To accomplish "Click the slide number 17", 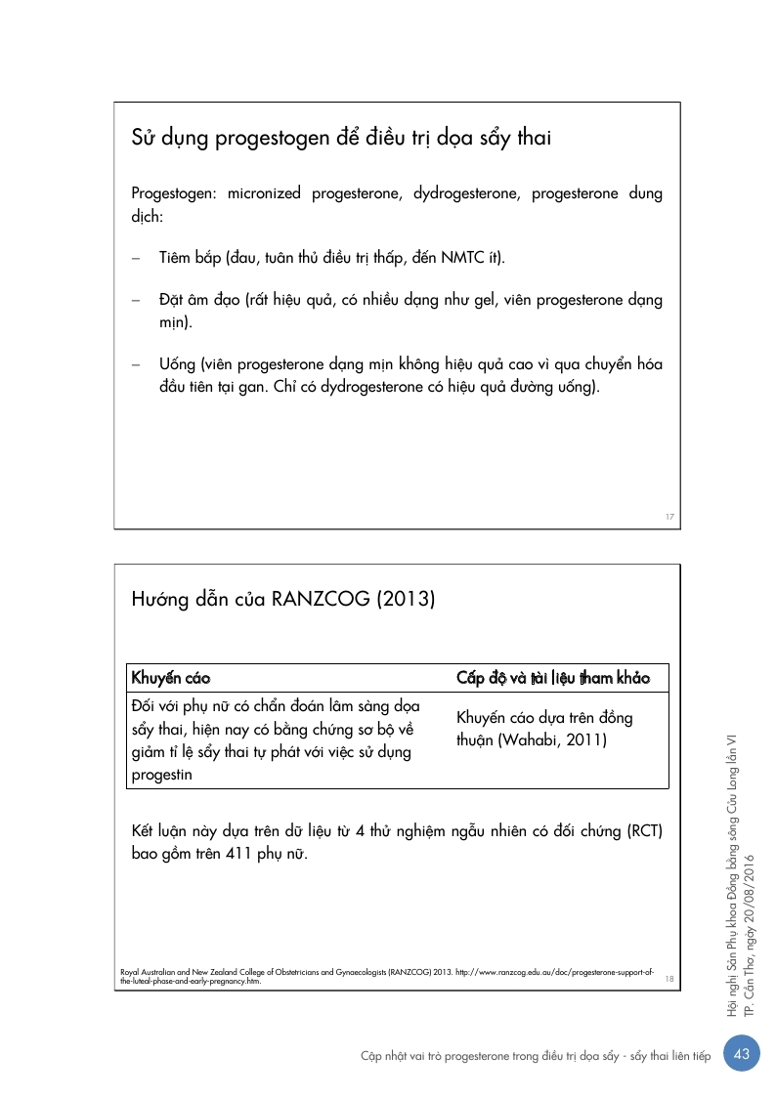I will [670, 517].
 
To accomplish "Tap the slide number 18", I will [669, 978].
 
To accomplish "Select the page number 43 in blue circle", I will [742, 1053].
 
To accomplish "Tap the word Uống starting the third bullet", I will [177, 364].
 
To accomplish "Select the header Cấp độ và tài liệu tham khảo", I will [553, 677].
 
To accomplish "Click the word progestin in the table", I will [161, 776].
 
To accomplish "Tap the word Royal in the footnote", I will [128, 973].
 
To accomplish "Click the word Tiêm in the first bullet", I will [177, 258].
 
